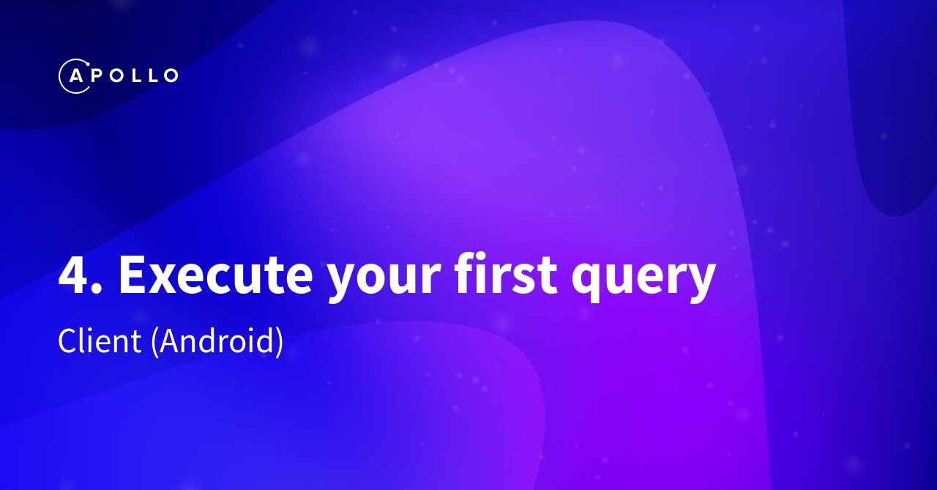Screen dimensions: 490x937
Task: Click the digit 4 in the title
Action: [x=75, y=275]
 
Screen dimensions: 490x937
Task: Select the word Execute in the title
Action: [x=215, y=275]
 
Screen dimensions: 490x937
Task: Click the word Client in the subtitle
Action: [x=100, y=342]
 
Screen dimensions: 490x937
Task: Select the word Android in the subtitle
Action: [x=217, y=342]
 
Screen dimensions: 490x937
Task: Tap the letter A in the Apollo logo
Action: [x=75, y=75]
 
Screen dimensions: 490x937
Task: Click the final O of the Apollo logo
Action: [x=169, y=75]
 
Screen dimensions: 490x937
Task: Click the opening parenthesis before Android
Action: [x=155, y=343]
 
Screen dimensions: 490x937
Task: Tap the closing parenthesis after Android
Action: [x=279, y=343]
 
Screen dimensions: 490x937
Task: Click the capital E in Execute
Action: [x=132, y=275]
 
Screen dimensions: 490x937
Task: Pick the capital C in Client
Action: [x=67, y=342]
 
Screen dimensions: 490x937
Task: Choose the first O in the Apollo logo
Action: [x=116, y=75]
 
